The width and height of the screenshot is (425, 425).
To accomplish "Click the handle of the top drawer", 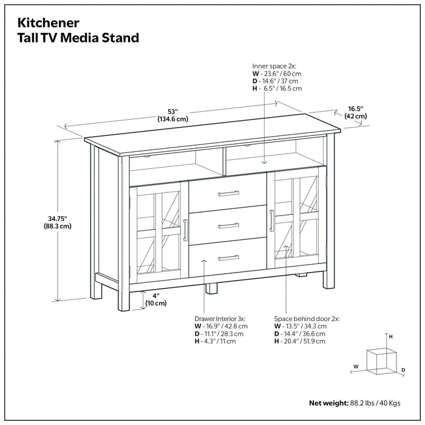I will pos(228,194).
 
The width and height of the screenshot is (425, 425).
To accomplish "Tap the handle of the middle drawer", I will pos(228,226).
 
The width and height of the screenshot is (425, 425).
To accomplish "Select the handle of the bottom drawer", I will pos(228,258).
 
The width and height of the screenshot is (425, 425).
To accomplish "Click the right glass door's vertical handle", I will pos(271,221).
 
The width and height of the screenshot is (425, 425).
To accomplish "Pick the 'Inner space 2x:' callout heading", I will pos(274,65).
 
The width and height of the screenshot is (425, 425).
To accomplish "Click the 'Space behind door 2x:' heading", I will pos(307,318).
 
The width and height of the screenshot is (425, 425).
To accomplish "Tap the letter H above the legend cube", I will pos(390,336).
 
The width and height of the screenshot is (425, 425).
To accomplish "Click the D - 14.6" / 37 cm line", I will pos(276,81).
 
